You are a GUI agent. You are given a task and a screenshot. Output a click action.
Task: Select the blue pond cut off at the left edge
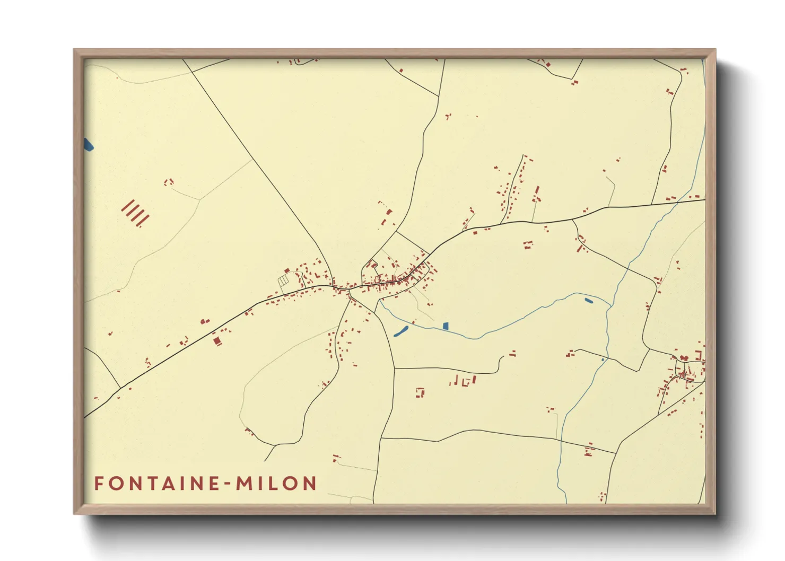[x=88, y=144]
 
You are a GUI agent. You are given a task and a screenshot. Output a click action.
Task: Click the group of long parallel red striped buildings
[x=135, y=213]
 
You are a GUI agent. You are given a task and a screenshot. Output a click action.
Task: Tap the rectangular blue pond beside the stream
[x=446, y=326]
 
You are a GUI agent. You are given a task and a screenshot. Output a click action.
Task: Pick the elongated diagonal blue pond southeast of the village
[x=401, y=332]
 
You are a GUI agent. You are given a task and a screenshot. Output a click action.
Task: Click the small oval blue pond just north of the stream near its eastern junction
[x=589, y=301]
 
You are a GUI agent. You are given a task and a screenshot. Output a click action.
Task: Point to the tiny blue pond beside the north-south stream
[x=603, y=360]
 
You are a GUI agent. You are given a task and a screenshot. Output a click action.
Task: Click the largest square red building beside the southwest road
[x=216, y=340]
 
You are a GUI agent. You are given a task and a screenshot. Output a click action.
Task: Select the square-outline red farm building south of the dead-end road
[x=420, y=392]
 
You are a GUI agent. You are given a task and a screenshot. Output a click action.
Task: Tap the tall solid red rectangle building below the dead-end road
[x=474, y=379]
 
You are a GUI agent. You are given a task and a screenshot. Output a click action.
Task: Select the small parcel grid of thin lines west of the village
[x=284, y=279]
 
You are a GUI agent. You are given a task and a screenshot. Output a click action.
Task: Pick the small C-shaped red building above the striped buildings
[x=169, y=182]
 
